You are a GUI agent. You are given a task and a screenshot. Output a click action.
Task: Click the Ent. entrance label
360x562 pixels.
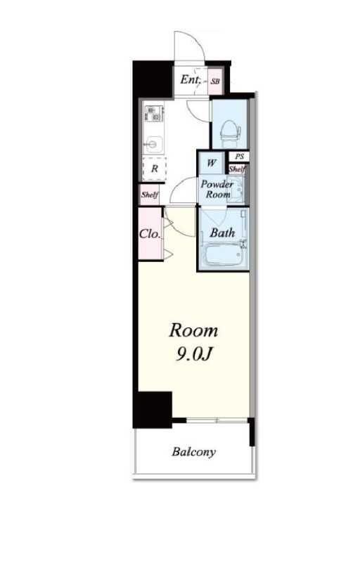(x=190, y=79)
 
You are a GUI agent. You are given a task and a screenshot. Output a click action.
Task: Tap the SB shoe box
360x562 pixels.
(x=215, y=81)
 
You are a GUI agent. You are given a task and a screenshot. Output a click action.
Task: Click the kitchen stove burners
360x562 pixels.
(x=153, y=113)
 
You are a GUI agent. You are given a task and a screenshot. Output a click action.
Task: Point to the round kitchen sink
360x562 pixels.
(x=153, y=145)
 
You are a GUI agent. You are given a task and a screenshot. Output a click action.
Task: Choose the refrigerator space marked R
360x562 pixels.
(x=155, y=169)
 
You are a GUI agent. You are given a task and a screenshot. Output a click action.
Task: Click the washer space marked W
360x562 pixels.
(x=212, y=163)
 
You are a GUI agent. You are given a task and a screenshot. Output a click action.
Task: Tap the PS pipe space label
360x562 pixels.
(x=240, y=156)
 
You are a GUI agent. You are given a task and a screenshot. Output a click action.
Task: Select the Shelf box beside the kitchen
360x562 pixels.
(x=150, y=195)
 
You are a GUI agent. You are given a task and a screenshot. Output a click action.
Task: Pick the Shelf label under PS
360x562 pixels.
(x=237, y=169)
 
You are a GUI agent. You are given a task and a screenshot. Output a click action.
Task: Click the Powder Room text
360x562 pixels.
(x=217, y=189)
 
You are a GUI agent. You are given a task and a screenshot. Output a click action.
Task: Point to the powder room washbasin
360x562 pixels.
(x=236, y=189)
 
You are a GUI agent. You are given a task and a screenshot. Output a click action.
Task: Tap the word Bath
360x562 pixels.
(x=222, y=233)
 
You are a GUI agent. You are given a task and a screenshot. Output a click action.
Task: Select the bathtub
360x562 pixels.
(x=223, y=254)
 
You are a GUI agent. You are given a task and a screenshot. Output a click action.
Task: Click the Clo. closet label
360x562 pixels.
(x=150, y=234)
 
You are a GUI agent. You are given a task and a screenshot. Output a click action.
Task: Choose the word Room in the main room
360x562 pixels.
(x=193, y=330)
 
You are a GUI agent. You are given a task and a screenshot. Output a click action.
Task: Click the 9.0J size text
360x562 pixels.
(x=193, y=354)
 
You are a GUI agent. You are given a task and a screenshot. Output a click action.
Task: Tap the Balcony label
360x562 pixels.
(x=193, y=452)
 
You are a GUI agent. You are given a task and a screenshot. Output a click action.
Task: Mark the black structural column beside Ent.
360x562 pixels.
(x=153, y=79)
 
